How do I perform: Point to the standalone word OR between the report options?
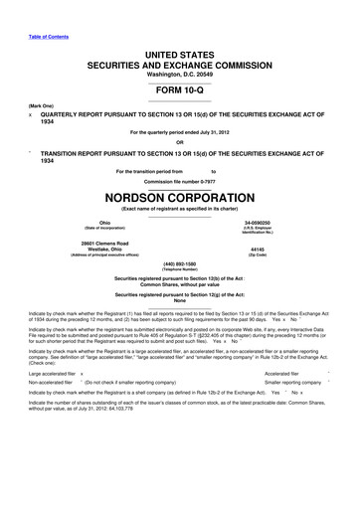tap(179, 139)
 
